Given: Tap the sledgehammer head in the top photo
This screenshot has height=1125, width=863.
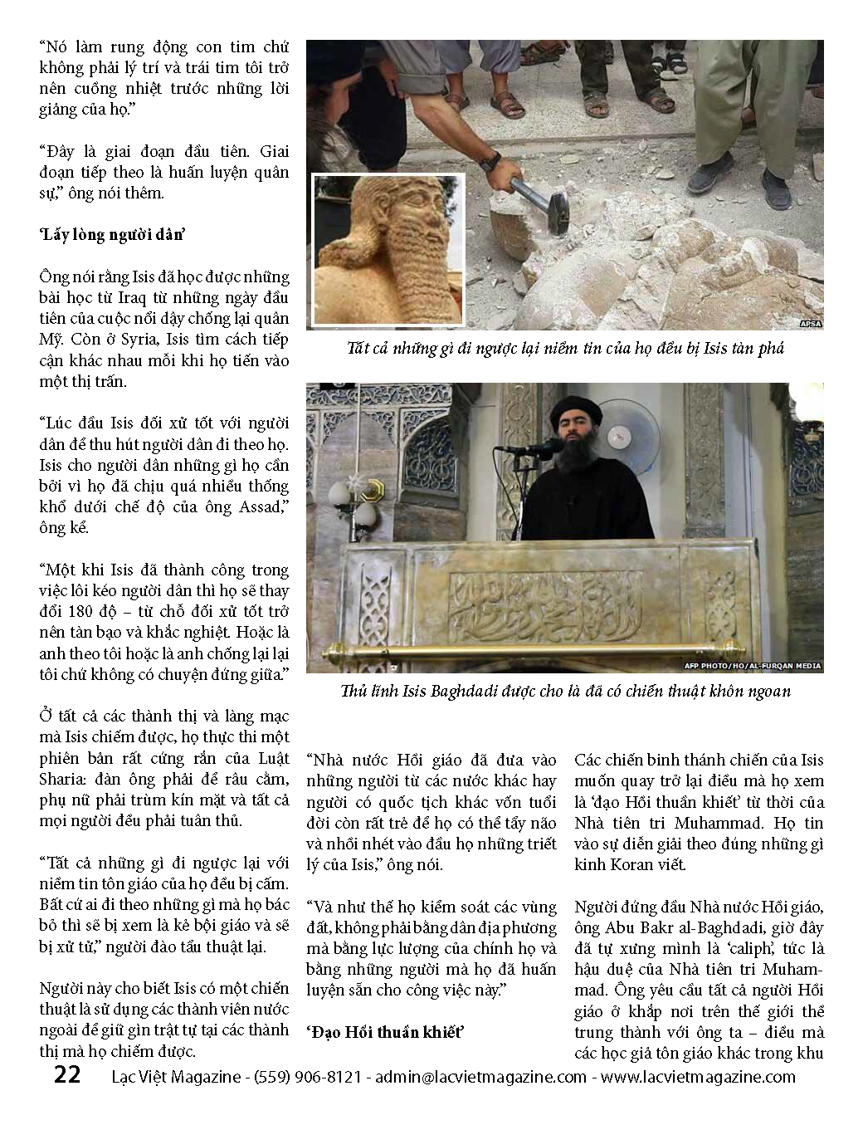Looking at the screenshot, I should (x=547, y=203).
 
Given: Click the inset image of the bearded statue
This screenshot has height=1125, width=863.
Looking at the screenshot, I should (x=388, y=249).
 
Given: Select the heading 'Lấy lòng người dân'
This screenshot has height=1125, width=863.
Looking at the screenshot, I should (x=111, y=235).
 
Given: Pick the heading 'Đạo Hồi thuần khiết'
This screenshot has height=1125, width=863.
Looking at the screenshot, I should (x=384, y=1032).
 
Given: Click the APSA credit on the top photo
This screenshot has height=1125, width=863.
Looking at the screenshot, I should (x=810, y=323).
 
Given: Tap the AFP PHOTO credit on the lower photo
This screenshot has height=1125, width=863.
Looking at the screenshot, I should (x=752, y=665).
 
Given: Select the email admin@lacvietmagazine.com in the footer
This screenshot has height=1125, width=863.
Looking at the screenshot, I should (x=480, y=1077).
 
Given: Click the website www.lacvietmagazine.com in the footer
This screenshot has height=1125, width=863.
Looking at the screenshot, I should (x=698, y=1077).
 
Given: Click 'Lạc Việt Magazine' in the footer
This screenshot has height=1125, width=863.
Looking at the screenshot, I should (x=176, y=1077).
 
